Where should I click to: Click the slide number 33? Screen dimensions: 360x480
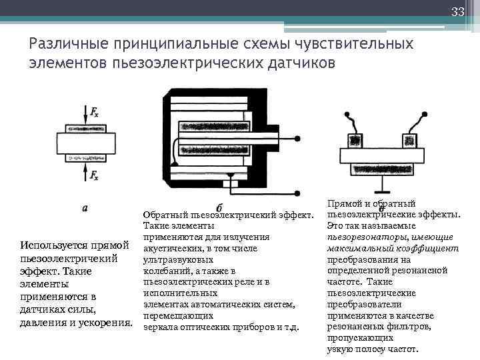coord(457,11)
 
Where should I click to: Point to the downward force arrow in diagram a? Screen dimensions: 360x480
coord(85,113)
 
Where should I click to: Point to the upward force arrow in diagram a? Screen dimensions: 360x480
coord(85,173)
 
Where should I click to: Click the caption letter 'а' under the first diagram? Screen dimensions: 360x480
coord(84,208)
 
